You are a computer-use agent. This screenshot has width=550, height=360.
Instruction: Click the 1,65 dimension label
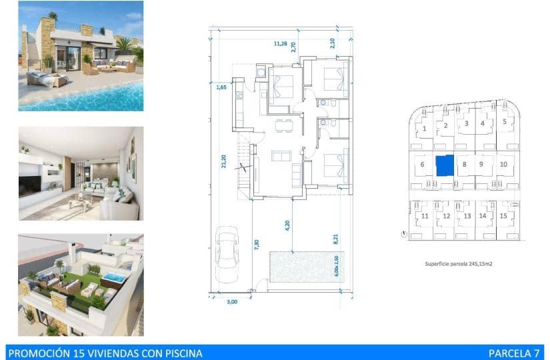click(x=222, y=87)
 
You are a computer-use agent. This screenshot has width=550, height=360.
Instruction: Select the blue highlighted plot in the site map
click(x=444, y=165)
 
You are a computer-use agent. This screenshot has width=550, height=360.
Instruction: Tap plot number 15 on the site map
click(x=503, y=215)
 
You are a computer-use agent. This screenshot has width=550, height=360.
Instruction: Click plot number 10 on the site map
click(x=503, y=164)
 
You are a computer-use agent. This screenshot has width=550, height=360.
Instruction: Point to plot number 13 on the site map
click(x=467, y=216)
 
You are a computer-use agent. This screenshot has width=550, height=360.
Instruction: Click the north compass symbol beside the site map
click(x=404, y=233)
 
